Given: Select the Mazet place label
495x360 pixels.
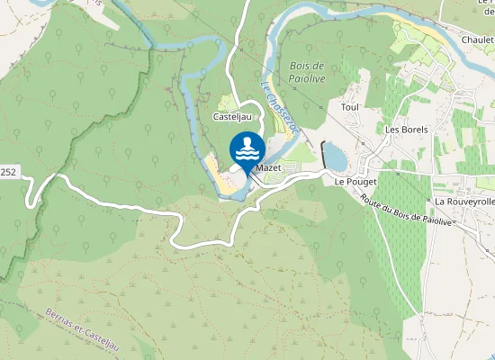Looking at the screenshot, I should pyautogui.click(x=268, y=168).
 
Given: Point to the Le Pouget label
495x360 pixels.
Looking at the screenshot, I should pyautogui.click(x=353, y=181).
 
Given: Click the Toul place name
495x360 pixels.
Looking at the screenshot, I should pyautogui.click(x=349, y=107).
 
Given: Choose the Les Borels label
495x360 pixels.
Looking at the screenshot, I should pyautogui.click(x=406, y=130).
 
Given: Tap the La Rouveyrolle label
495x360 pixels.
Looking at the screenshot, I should pyautogui.click(x=464, y=202).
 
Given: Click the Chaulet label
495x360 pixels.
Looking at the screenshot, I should pyautogui.click(x=477, y=40).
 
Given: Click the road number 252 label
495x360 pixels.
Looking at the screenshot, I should pyautogui.click(x=8, y=170).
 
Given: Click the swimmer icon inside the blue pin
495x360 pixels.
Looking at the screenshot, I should pyautogui.click(x=247, y=148).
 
